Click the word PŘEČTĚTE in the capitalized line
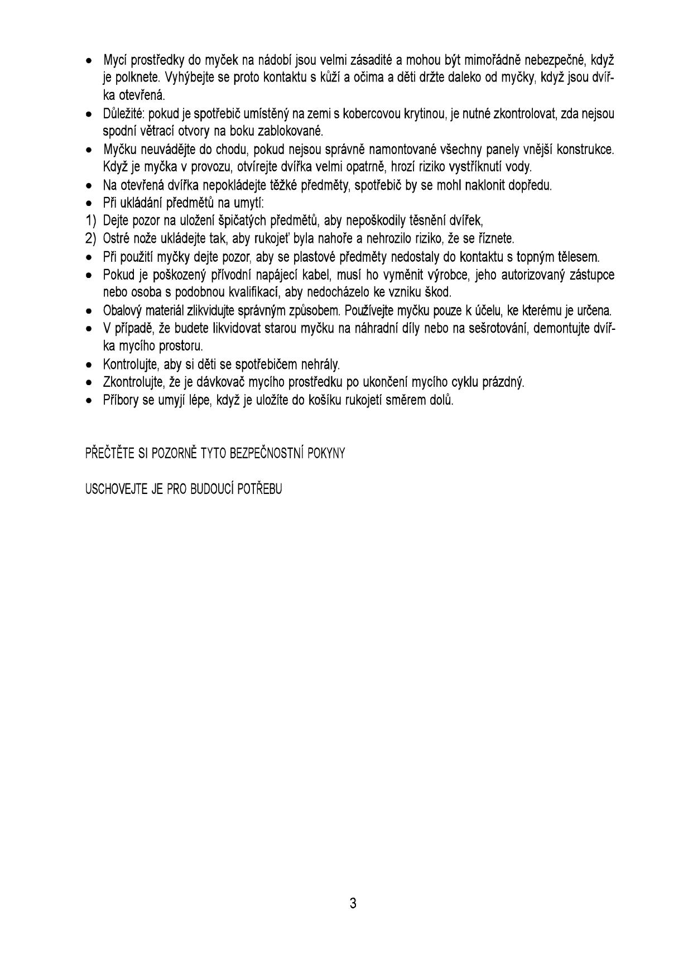coord(107,453)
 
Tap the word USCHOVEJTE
coord(115,490)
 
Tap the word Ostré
coord(116,239)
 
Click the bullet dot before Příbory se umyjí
coord(89,401)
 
